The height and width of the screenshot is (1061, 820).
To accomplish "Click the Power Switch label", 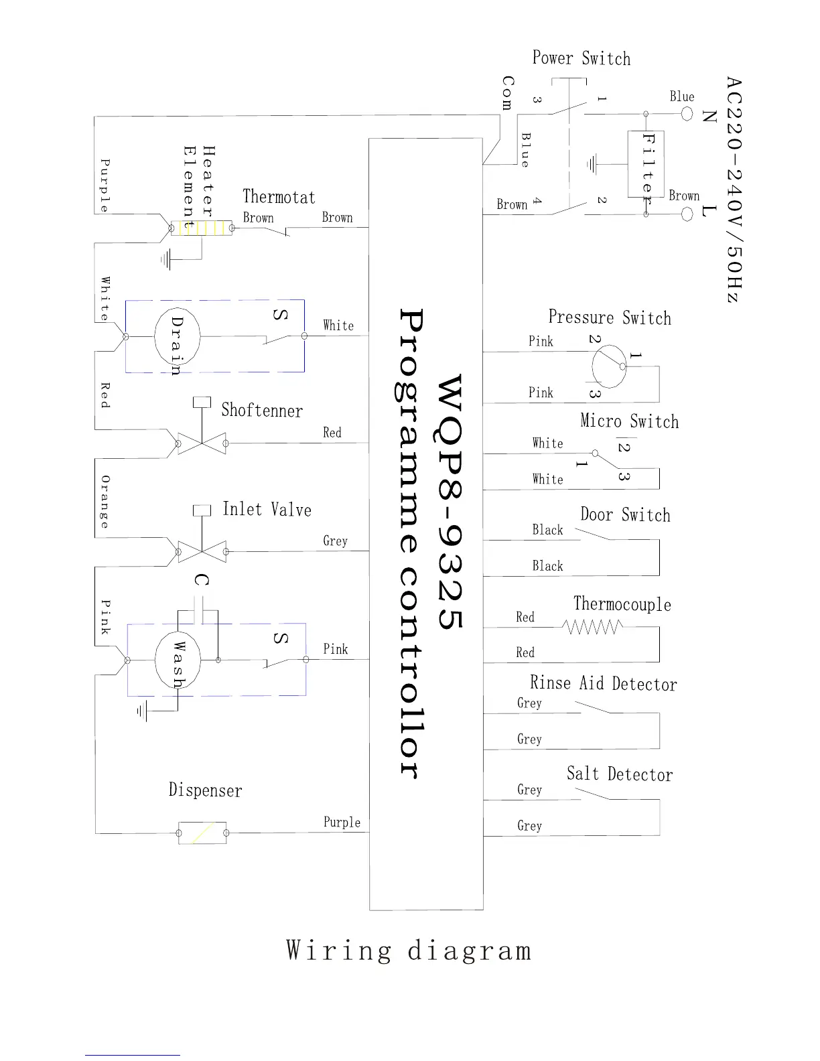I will [x=581, y=58].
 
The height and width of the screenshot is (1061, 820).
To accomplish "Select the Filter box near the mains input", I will [x=646, y=164].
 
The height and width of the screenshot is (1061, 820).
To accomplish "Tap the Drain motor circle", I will [x=177, y=336].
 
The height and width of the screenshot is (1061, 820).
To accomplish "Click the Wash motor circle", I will [x=178, y=660].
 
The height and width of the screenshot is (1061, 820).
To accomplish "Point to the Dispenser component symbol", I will [x=202, y=833].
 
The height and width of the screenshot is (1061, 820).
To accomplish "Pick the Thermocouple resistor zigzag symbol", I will [x=592, y=627].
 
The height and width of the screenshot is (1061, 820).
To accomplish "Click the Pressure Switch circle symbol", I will [x=609, y=366].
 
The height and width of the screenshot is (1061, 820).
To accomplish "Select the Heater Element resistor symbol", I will [x=201, y=228].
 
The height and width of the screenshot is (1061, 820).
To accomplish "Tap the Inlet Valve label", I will [x=267, y=510].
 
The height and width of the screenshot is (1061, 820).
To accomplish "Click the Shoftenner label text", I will [x=262, y=410].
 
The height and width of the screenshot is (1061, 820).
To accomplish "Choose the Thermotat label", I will [x=279, y=197].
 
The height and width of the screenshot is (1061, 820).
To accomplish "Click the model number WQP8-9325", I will [x=450, y=502].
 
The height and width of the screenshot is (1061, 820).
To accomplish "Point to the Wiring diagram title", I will [x=409, y=950].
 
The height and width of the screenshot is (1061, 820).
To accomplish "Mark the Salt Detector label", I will [x=619, y=774].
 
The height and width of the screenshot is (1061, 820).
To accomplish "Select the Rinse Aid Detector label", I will [x=603, y=683].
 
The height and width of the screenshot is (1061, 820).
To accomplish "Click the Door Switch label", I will [x=625, y=515].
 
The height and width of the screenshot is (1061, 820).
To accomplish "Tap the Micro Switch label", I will [x=629, y=421].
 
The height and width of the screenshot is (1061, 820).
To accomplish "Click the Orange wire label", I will [x=105, y=502].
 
